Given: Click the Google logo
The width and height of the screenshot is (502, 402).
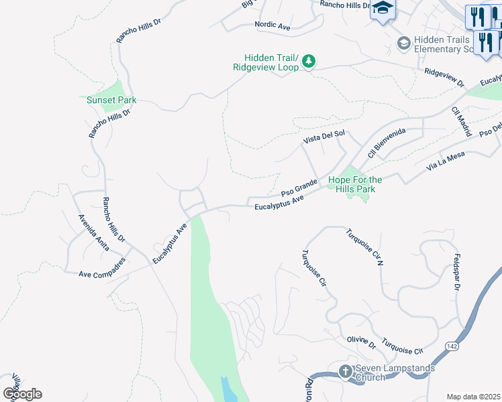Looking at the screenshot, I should pyautogui.click(x=21, y=393).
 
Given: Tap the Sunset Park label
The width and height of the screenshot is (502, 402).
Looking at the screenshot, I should pyautogui.click(x=111, y=100).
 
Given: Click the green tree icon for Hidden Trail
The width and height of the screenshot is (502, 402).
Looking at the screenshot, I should pyautogui.click(x=308, y=62).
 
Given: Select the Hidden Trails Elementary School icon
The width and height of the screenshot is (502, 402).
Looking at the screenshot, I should pyautogui.click(x=403, y=44).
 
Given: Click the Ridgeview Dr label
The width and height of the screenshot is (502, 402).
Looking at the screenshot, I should pyautogui.click(x=444, y=77).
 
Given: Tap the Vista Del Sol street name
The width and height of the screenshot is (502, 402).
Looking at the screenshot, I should pyautogui.click(x=323, y=135).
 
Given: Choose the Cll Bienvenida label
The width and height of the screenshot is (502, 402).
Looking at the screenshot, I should pyautogui.click(x=379, y=143).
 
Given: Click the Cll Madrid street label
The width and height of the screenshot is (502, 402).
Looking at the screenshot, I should pyautogui.click(x=461, y=121).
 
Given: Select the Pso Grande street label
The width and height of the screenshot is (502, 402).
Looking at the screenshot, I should pyautogui.click(x=299, y=186).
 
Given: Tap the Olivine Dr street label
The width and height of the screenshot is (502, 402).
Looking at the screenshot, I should pyautogui.click(x=362, y=342).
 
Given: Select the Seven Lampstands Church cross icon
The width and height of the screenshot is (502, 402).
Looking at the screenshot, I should pyautogui.click(x=345, y=371).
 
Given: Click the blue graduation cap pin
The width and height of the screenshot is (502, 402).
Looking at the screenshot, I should pyautogui.click(x=383, y=9).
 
